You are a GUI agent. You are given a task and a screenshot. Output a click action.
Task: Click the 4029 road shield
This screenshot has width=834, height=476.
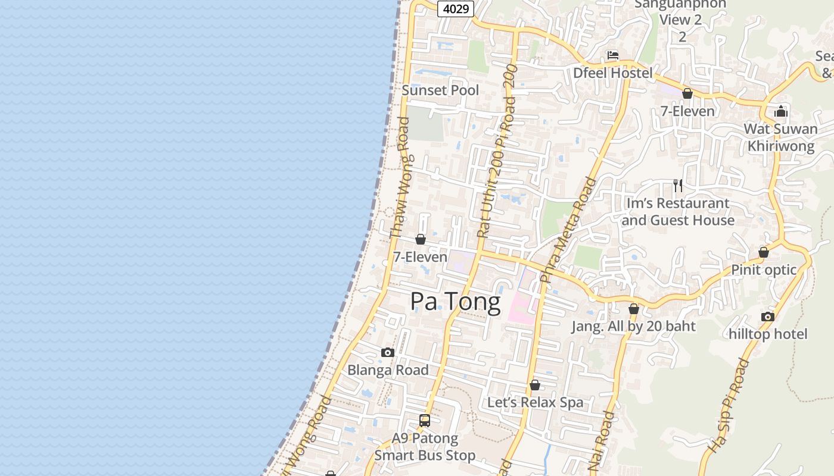455,8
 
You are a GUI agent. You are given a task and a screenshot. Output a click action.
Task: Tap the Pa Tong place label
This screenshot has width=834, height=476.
455,302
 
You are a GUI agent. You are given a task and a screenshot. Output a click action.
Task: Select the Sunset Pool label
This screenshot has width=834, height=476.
440,90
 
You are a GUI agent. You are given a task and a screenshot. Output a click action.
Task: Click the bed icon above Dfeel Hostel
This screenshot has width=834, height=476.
613,56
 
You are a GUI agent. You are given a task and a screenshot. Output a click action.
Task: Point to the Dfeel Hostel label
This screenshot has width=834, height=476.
613,73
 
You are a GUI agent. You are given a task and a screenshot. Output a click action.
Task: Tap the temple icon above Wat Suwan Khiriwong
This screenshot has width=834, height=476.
780,111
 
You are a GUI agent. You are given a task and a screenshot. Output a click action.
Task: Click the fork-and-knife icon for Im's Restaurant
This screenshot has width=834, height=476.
678,186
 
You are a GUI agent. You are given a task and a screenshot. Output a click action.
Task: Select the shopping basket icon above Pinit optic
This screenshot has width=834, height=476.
764,253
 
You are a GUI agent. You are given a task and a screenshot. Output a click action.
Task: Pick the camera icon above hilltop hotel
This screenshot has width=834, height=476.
768,317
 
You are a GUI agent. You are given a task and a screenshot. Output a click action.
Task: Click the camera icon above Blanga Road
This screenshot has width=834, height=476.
388,353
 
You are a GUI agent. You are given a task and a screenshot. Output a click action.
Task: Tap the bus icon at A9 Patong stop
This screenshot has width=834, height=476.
425,421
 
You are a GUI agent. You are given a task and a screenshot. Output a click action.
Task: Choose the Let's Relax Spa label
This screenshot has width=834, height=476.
535,403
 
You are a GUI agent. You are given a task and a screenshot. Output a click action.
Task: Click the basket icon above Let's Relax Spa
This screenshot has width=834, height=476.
535,386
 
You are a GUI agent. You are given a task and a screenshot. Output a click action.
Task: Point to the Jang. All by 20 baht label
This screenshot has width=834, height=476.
633,326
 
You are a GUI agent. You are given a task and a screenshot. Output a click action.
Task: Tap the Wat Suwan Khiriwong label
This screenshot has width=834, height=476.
780,137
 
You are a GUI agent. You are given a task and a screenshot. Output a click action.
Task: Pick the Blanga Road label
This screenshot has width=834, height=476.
388,370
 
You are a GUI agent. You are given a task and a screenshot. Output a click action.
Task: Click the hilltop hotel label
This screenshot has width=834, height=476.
768,334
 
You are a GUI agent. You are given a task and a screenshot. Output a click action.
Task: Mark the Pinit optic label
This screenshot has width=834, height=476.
764,270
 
